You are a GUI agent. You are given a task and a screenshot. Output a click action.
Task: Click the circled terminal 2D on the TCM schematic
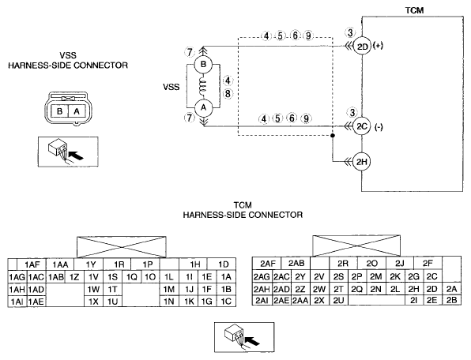pyautogui.click(x=362, y=47)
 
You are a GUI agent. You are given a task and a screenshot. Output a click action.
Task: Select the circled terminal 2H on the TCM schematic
pyautogui.click(x=362, y=162)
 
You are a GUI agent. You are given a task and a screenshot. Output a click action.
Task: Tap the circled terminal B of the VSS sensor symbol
pyautogui.click(x=203, y=64)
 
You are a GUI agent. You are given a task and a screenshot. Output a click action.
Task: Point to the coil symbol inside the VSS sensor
pyautogui.click(x=203, y=86)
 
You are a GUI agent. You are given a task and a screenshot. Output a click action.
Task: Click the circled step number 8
pyautogui.click(x=228, y=94)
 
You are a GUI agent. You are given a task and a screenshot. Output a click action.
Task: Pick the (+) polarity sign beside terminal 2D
pyautogui.click(x=378, y=46)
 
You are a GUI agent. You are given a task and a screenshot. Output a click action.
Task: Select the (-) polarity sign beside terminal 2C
pyautogui.click(x=379, y=127)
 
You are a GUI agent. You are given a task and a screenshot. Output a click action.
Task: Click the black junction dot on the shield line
pyautogui.click(x=332, y=136)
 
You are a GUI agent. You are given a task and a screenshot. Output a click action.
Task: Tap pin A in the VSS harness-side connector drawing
pyautogui.click(x=77, y=111)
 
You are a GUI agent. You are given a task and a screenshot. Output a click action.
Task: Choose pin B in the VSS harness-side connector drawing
pyautogui.click(x=60, y=111)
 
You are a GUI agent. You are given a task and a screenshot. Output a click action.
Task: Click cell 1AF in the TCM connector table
pyautogui.click(x=32, y=264)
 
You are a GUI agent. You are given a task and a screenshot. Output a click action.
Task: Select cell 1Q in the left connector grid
pyautogui.click(x=131, y=277)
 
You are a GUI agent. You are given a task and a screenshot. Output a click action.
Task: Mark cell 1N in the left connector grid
pyautogui.click(x=169, y=302)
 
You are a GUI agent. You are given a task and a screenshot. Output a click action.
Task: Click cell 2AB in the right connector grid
pyautogui.click(x=296, y=264)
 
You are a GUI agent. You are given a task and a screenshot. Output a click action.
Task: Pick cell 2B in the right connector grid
pyautogui.click(x=451, y=300)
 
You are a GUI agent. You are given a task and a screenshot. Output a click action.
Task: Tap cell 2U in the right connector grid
pyautogui.click(x=338, y=300)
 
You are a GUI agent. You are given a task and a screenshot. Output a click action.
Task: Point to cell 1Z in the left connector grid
pyautogui.click(x=74, y=277)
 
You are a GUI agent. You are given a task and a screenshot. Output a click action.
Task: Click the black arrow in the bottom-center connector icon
pyautogui.click(x=252, y=341)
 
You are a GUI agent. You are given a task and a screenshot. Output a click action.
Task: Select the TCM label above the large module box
pyautogui.click(x=415, y=10)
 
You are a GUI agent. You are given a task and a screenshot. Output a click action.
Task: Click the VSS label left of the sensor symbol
pyautogui.click(x=171, y=87)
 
